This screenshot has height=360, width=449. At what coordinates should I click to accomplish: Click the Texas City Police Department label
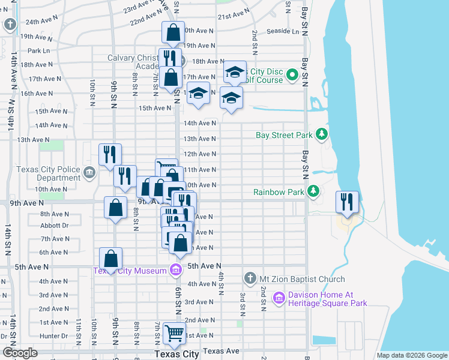click(48, 173)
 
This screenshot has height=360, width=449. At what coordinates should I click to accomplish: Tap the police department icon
click(89, 173)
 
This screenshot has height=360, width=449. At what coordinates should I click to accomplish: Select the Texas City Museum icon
click(175, 270)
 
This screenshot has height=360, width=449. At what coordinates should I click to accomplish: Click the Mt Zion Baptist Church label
click(302, 279)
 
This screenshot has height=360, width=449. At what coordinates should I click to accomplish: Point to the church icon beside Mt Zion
click(250, 278)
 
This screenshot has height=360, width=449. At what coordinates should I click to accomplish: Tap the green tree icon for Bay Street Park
click(322, 134)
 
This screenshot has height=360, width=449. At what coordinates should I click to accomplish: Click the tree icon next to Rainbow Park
click(313, 191)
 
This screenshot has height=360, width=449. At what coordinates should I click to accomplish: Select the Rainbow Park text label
click(279, 192)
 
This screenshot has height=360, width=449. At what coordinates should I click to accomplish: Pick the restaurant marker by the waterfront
click(347, 202)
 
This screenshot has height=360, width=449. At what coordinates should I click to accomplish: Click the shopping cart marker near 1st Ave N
click(174, 332)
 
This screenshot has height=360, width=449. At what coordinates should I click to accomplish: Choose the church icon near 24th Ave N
click(10, 25)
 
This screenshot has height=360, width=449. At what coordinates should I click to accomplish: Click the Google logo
click(20, 353)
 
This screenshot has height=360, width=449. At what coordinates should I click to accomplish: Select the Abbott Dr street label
click(53, 226)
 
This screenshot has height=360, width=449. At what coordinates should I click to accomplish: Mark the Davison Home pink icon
click(278, 298)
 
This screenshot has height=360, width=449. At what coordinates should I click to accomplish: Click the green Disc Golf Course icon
click(292, 75)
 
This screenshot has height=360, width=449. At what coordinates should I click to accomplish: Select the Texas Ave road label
click(221, 350)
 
